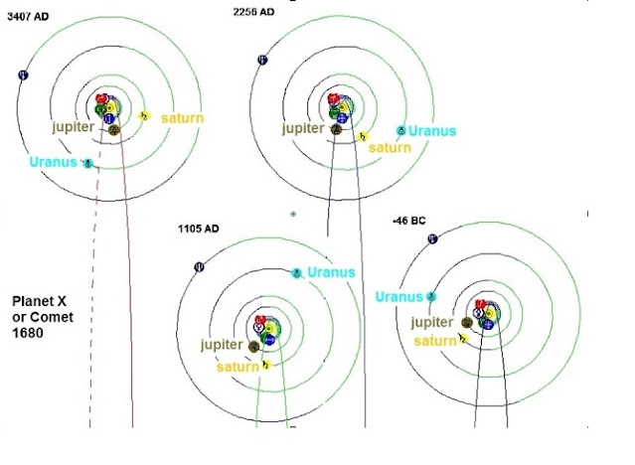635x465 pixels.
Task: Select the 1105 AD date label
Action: (199, 229)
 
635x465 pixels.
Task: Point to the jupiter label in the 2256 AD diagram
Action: (303, 128)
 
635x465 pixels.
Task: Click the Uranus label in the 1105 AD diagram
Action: (331, 271)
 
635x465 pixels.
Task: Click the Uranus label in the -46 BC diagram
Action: (399, 296)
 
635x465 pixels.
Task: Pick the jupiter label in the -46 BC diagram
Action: (431, 322)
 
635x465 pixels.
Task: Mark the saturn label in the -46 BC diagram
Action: (435, 341)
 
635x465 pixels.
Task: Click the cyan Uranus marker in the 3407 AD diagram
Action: (88, 163)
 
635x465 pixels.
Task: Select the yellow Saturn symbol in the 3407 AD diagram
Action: (143, 116)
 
